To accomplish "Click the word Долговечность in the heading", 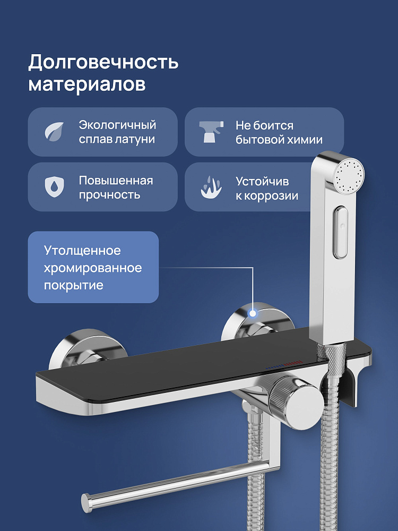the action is click(103, 62).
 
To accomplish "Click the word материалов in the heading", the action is click(87, 84).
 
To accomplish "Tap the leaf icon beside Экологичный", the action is click(55, 132).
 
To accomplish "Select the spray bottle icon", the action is click(211, 131).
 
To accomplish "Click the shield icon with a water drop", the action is click(55, 186).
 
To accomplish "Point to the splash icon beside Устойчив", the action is click(211, 187).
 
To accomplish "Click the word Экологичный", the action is click(117, 125).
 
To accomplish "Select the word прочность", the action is click(109, 195).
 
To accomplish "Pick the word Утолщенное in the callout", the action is click(82, 251).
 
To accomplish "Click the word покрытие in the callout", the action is click(73, 285).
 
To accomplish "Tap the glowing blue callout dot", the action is click(253, 313).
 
